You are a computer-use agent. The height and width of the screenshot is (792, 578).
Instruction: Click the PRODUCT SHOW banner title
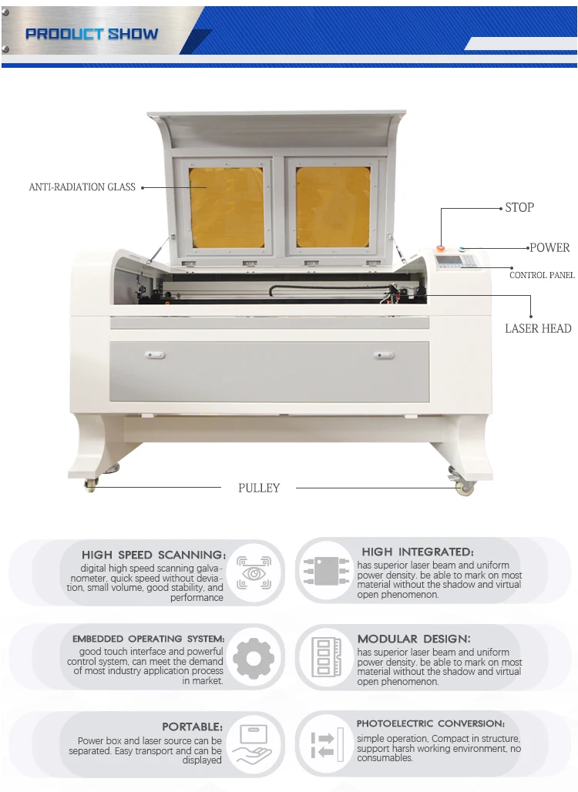(x=92, y=34)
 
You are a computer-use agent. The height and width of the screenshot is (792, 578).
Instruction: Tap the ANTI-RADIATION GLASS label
(x=82, y=187)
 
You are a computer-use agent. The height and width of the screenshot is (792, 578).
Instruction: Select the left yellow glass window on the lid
(x=227, y=206)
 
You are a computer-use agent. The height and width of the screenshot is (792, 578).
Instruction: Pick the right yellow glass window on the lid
(x=334, y=206)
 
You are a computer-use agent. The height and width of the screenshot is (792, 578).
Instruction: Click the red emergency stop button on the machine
(x=442, y=249)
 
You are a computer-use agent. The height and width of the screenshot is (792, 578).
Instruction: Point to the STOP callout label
(x=519, y=207)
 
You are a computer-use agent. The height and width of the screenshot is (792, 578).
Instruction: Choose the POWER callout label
(x=549, y=247)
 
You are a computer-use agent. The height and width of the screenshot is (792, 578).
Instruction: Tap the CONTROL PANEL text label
(x=542, y=275)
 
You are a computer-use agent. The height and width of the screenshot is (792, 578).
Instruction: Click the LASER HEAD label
(x=538, y=328)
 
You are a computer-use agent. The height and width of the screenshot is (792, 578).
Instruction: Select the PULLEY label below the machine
(x=259, y=488)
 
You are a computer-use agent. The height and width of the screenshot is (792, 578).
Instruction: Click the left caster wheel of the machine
(x=91, y=485)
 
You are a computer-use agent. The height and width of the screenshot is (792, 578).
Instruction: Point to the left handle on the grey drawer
(x=154, y=355)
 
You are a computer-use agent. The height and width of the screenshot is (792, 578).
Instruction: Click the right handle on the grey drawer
(x=383, y=355)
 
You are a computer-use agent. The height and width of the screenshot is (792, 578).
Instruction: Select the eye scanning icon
(x=254, y=574)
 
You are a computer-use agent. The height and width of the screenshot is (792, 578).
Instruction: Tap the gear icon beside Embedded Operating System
(x=254, y=659)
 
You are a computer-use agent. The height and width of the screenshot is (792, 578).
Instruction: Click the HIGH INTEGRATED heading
(x=418, y=552)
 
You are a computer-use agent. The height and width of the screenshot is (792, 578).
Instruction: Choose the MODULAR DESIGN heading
(x=413, y=639)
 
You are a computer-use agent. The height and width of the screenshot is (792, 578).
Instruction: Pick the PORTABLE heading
(x=192, y=727)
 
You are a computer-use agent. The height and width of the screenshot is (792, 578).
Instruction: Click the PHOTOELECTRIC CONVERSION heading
(x=431, y=723)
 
